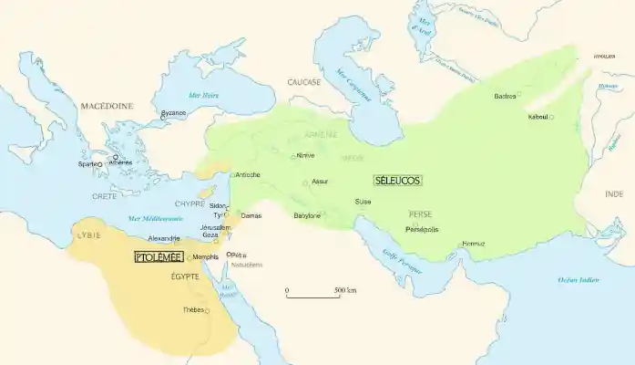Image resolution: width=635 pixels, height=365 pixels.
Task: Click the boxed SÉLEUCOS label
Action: [x=397, y=181]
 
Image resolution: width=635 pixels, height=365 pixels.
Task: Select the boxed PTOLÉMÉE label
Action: [x=159, y=257]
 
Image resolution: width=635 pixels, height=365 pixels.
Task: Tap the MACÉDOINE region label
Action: [x=107, y=106]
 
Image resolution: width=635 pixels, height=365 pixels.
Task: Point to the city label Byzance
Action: [x=173, y=113]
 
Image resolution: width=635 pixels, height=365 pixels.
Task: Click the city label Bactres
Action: [x=505, y=96]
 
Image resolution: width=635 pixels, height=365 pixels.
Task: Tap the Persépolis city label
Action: [x=422, y=229]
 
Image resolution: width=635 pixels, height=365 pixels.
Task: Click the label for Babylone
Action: [x=307, y=215]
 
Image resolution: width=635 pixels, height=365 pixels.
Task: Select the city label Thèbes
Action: [x=192, y=309]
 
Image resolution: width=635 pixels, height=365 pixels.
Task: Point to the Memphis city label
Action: [x=205, y=257]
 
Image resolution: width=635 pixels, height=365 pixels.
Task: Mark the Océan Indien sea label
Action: [x=578, y=279]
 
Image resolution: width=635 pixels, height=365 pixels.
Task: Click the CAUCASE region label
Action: [x=304, y=81]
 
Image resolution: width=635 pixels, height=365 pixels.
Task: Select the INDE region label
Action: [x=614, y=194]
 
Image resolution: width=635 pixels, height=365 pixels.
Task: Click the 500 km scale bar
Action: [x=312, y=295]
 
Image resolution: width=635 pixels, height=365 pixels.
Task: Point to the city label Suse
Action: [x=363, y=202]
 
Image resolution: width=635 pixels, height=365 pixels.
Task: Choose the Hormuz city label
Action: [x=474, y=243]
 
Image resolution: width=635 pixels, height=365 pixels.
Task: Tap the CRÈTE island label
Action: [x=105, y=196]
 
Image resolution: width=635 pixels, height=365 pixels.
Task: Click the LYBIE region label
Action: [x=89, y=235]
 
